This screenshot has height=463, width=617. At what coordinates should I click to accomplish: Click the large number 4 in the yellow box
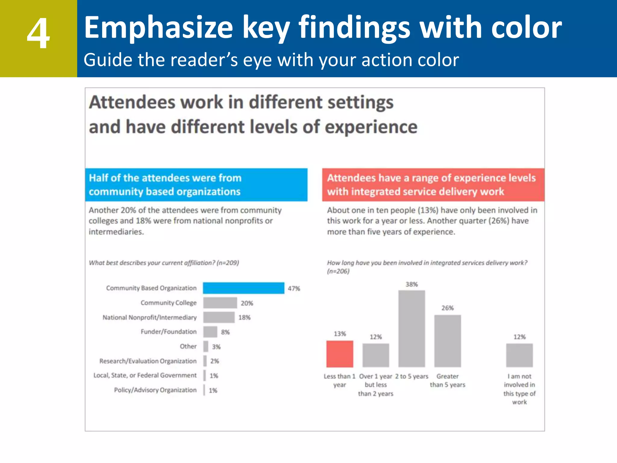38,33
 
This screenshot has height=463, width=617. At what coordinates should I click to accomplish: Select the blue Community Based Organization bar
243,288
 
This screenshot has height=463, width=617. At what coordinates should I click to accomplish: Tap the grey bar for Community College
220,303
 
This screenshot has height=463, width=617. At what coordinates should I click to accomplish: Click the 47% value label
294,288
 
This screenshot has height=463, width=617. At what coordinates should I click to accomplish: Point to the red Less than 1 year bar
340,354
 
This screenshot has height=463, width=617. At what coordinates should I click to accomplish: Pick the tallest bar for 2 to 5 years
412,329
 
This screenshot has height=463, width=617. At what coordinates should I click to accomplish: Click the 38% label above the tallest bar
412,284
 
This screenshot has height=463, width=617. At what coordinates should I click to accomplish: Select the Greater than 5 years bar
447,341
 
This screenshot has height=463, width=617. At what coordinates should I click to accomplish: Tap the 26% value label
447,308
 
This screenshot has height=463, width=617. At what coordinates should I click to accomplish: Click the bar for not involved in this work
519,355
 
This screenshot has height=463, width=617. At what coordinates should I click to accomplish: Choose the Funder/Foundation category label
168,332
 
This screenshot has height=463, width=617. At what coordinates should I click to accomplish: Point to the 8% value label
225,332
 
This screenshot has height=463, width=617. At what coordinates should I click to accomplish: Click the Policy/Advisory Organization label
155,390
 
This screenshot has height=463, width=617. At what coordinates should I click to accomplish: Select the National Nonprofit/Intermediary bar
219,317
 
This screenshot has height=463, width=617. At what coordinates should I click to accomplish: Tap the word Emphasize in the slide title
158,28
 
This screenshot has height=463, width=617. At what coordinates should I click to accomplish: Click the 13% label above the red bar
340,334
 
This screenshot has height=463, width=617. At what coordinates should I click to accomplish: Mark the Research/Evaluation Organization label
148,361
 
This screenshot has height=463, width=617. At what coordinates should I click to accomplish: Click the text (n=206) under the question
338,271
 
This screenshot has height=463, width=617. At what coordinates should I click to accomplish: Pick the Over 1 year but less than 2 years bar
376,355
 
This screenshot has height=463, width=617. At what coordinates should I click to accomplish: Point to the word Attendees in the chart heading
132,102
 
